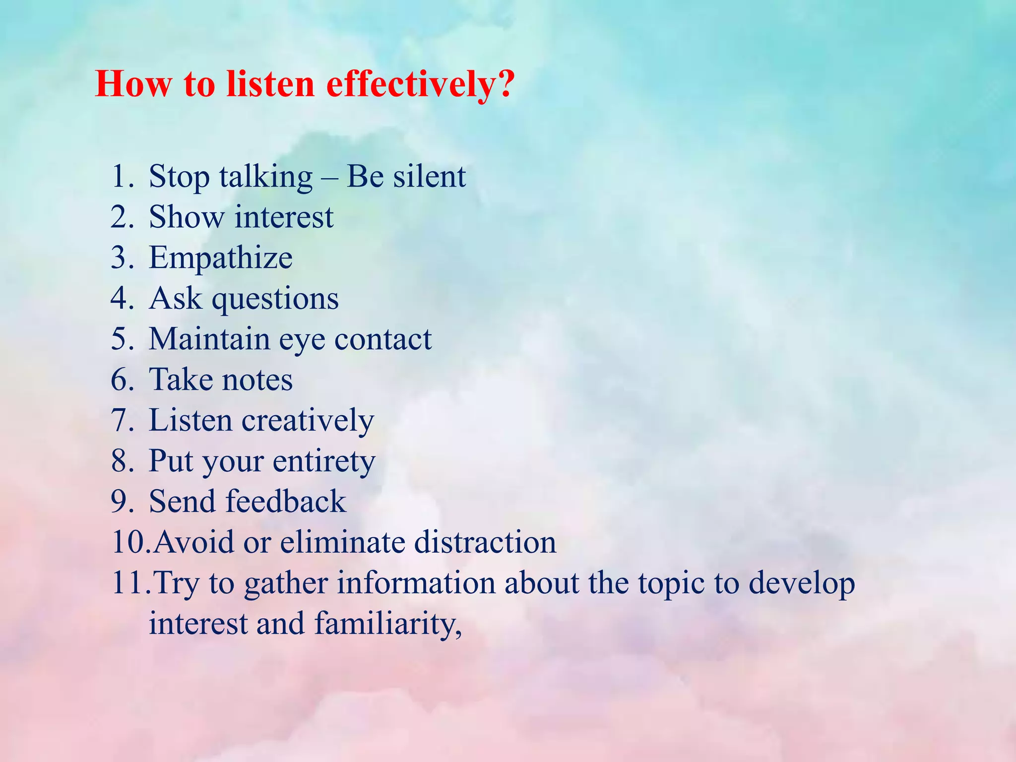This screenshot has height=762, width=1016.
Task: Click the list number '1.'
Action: click(122, 177)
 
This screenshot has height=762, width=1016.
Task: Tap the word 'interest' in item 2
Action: click(284, 217)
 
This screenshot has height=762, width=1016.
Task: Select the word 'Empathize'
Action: click(220, 258)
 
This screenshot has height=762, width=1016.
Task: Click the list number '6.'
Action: click(122, 380)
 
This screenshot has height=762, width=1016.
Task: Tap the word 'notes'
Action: click(256, 381)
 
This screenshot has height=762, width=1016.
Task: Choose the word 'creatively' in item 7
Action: click(307, 421)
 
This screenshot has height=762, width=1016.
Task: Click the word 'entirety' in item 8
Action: click(323, 462)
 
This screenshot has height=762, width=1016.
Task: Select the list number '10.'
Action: click(130, 542)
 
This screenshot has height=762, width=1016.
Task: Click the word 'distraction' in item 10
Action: click(485, 542)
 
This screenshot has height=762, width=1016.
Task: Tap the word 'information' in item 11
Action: click(416, 583)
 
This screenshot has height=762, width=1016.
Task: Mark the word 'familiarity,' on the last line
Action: click(388, 624)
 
